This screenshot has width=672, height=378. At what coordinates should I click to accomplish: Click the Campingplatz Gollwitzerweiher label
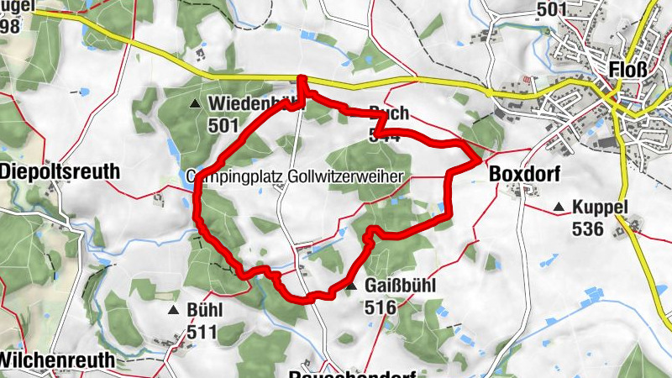coord(294,176)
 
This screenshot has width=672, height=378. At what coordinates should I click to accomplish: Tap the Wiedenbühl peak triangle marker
coord(196,104)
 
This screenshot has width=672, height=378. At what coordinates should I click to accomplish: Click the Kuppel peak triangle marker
coord(559,207)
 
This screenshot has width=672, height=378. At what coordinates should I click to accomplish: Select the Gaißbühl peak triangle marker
coord(352,288)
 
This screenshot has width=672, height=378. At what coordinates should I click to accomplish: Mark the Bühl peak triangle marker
coord(173,311)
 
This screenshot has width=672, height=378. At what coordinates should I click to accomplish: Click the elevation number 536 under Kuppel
coord(587,228)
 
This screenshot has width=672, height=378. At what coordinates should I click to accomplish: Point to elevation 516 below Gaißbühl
coord(381,307)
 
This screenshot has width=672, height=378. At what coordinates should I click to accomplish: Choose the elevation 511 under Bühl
coord(202,332)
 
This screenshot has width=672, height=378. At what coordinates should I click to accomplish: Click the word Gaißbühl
coord(401,286)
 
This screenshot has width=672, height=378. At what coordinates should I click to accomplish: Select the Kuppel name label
coord(600,207)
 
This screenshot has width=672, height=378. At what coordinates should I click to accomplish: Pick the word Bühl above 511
coord(204,310)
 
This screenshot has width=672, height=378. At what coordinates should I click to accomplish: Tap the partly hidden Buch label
coord(389,112)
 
